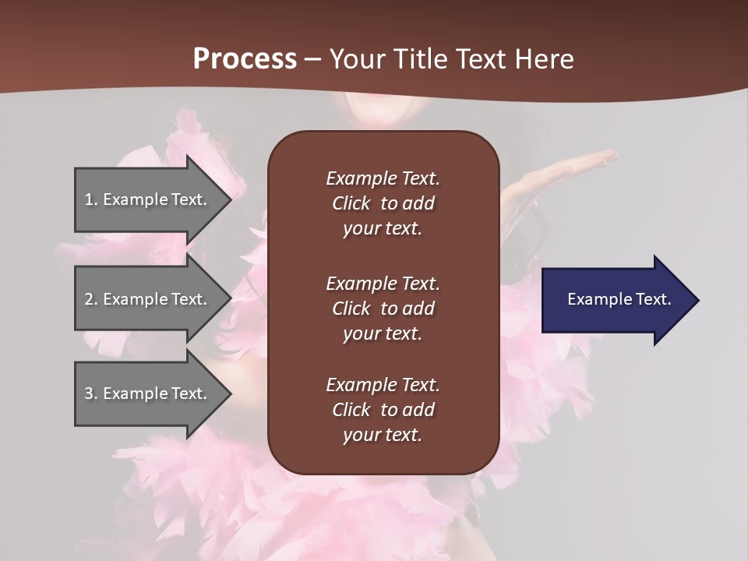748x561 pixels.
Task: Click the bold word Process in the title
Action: (245, 59)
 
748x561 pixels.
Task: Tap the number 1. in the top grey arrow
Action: (91, 199)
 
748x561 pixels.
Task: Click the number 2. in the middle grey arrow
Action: (91, 299)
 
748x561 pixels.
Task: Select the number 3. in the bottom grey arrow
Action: (91, 393)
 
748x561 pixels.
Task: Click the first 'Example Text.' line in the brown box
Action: (383, 178)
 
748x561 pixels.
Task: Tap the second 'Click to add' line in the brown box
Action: (383, 309)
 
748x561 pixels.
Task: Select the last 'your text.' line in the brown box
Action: (383, 436)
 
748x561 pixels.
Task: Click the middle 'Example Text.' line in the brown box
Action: (383, 284)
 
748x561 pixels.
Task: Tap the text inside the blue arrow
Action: (619, 299)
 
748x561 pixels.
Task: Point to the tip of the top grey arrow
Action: (230, 199)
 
